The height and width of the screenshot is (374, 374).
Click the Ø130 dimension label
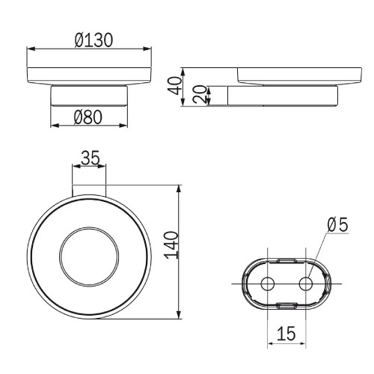coord(93,40)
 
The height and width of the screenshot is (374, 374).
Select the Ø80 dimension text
coord(88,117)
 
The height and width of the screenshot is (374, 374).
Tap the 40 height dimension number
coord(175,86)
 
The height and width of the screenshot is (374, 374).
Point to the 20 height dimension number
coord(200,94)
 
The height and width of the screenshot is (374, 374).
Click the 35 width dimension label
coord(91,158)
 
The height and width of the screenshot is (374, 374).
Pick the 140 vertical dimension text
coord(172,245)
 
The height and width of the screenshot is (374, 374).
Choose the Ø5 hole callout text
coord(337,224)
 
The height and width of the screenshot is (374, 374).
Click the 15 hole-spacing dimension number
coord(286,334)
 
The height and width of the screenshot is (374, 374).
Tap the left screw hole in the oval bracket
coord(268,283)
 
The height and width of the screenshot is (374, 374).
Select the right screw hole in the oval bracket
coord(306,283)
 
